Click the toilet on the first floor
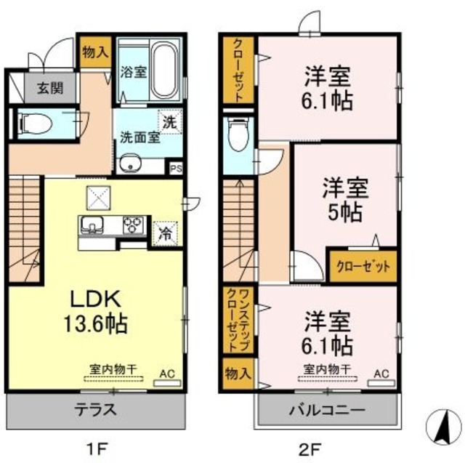(x=36, y=124)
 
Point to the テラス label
(x=96, y=408)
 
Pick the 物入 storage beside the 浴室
(x=95, y=52)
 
